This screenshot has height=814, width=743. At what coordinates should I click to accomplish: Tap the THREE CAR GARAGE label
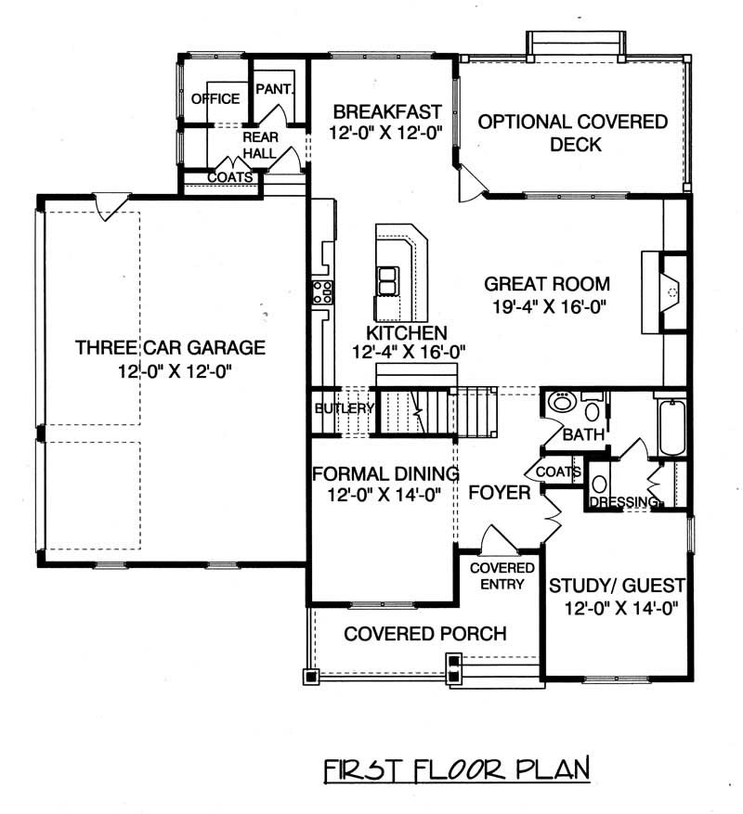(x=171, y=349)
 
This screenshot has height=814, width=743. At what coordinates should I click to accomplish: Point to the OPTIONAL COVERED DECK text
(x=573, y=133)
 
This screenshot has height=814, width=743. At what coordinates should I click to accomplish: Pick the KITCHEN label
(x=407, y=332)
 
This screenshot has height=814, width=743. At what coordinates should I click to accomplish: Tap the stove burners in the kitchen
(x=321, y=292)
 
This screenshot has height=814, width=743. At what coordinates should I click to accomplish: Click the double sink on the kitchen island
(x=386, y=278)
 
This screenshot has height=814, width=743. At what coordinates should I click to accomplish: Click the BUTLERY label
(x=344, y=408)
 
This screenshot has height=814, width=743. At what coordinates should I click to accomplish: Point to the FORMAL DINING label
(x=385, y=472)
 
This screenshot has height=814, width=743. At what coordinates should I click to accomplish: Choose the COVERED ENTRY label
(x=502, y=575)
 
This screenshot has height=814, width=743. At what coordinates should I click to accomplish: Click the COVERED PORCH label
(x=424, y=634)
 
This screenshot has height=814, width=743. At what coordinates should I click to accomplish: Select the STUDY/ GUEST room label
(x=617, y=587)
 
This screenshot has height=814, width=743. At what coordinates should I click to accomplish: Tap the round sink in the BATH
(x=561, y=404)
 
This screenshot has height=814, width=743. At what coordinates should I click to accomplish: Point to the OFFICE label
(x=215, y=98)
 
